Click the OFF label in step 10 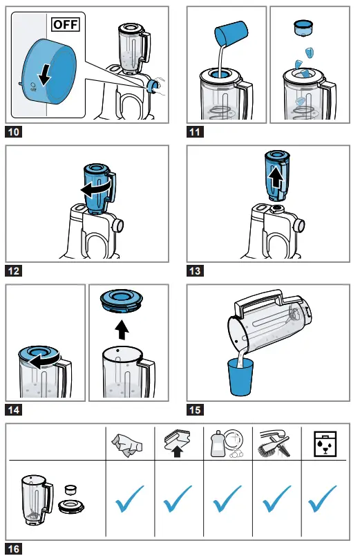66,26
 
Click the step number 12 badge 15,271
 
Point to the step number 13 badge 196,271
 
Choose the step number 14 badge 15,409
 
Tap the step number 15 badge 196,409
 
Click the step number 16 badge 15,548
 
